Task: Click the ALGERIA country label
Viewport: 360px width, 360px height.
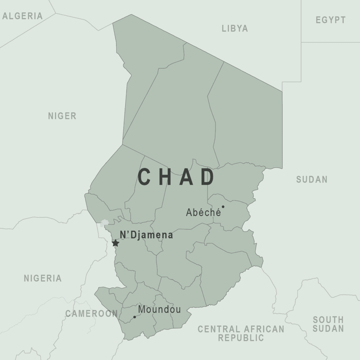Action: click(22, 16)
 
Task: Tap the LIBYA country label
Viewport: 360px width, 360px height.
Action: click(235, 28)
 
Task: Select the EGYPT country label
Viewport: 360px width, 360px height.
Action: click(330, 20)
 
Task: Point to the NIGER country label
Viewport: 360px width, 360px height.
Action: click(62, 116)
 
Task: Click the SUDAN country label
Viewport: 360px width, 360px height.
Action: click(312, 179)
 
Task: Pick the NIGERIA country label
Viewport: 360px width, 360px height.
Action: click(42, 278)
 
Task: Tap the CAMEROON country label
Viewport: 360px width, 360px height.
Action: click(91, 313)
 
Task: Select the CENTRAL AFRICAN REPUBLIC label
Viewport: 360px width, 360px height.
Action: click(241, 333)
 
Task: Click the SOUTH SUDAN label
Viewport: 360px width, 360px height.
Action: click(328, 324)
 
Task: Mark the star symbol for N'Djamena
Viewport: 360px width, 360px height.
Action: click(116, 243)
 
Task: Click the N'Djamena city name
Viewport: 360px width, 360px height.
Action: click(146, 235)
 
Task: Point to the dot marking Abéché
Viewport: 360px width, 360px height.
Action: click(223, 207)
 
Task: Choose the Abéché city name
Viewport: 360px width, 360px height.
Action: click(203, 212)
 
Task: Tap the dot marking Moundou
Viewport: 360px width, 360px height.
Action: click(135, 317)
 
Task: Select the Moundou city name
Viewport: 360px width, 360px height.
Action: click(159, 310)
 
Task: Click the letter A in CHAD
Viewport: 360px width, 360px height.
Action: click(186, 177)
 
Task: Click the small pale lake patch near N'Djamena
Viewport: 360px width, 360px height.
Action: click(104, 223)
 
